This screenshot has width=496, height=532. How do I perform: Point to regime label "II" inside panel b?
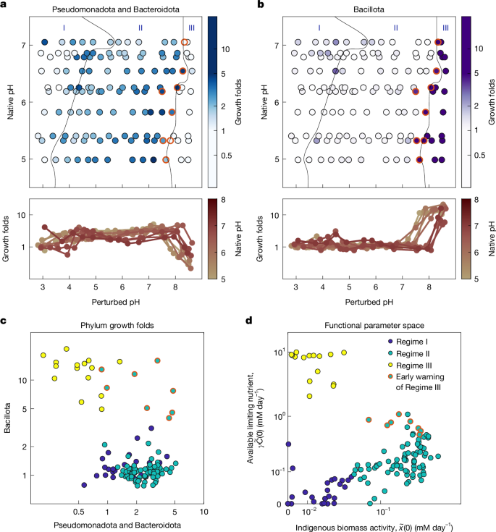pos(395,28)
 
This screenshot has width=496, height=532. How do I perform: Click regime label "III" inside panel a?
pos(190,28)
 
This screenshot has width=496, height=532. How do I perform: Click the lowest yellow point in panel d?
pos(309,396)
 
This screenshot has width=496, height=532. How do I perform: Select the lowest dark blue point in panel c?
pos(84,485)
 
